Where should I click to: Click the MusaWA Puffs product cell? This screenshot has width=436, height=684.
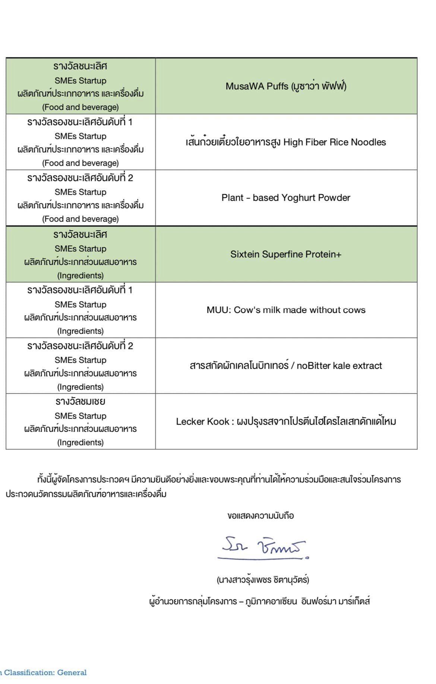point(286,86)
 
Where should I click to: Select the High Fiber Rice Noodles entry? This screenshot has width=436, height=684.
point(286,142)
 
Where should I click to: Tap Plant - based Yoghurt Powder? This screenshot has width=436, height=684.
point(286,197)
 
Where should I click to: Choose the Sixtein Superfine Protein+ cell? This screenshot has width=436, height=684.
point(286,254)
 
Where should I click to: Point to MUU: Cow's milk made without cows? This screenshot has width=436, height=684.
point(286,310)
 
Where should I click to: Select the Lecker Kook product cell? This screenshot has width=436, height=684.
point(286,421)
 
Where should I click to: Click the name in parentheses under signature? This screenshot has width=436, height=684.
point(263,580)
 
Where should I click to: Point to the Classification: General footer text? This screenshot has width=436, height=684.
point(45,672)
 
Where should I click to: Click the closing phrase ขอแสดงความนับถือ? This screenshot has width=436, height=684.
point(260,516)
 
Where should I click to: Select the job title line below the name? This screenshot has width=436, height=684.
point(259,601)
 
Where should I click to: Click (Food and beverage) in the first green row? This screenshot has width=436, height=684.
point(80,107)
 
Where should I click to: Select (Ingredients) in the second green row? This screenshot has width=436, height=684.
point(80,276)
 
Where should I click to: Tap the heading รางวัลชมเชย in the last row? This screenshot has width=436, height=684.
point(80,402)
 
